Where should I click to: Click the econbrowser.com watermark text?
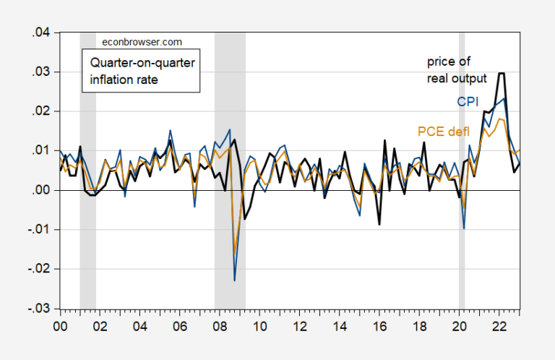click(133, 43)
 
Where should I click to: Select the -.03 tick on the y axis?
click(40, 309)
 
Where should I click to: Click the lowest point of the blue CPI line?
click(235, 280)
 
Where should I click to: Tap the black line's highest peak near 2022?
click(501, 73)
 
